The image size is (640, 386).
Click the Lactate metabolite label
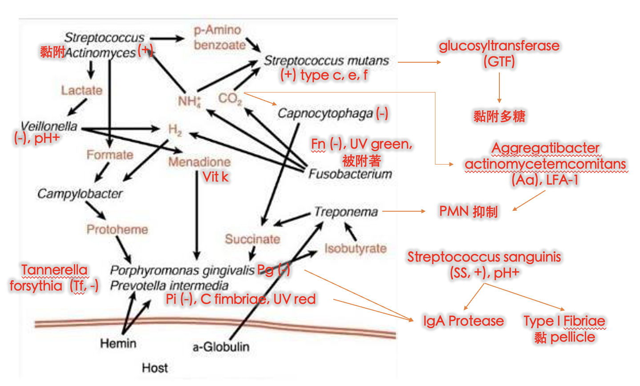pyautogui.click(x=81, y=90)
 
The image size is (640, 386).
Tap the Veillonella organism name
pyautogui.click(x=49, y=126)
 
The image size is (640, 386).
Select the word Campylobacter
pyautogui.click(x=80, y=193)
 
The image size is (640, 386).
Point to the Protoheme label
pyautogui.click(x=117, y=229)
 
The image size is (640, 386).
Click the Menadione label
pyautogui.click(x=199, y=162)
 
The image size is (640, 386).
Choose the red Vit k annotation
pyautogui.click(x=215, y=177)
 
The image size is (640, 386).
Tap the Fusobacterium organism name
pyautogui.click(x=350, y=174)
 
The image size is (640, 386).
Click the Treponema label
pyautogui.click(x=346, y=212)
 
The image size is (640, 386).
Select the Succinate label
pyautogui.click(x=252, y=239)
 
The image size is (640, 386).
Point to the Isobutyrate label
pyautogui.click(x=355, y=248)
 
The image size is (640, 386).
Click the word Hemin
pyautogui.click(x=118, y=343)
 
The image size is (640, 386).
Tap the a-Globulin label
pyautogui.click(x=221, y=347)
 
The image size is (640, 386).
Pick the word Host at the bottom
pyautogui.click(x=155, y=368)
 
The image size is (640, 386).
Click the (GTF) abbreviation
pyautogui.click(x=499, y=61)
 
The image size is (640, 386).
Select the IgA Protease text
pyautogui.click(x=463, y=321)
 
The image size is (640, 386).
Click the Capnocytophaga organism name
pyautogui.click(x=325, y=113)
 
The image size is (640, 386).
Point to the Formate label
pyautogui.click(x=109, y=155)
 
